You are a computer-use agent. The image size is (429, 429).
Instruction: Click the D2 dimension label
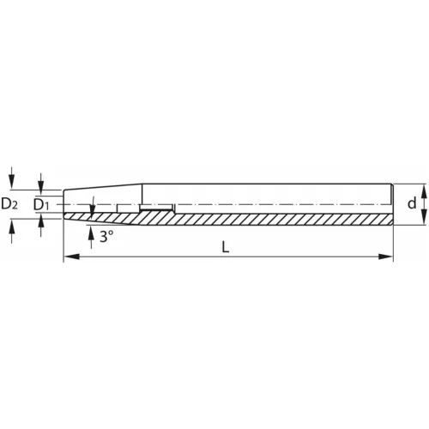tap(9, 204)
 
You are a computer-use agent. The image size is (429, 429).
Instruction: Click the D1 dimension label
tap(42, 204)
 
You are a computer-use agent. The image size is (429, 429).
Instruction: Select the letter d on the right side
tap(412, 203)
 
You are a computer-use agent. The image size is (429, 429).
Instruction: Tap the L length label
tap(226, 247)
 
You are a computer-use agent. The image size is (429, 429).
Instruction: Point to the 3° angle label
tap(106, 237)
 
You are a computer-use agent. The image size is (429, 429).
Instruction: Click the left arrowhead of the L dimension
tap(71, 257)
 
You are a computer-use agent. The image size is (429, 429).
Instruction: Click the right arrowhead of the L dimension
tap(385, 257)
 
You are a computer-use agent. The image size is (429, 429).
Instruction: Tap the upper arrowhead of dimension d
tap(425, 191)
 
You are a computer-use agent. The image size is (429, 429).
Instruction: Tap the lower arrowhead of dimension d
tap(425, 217)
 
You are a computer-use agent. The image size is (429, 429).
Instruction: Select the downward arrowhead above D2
tap(11, 181)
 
